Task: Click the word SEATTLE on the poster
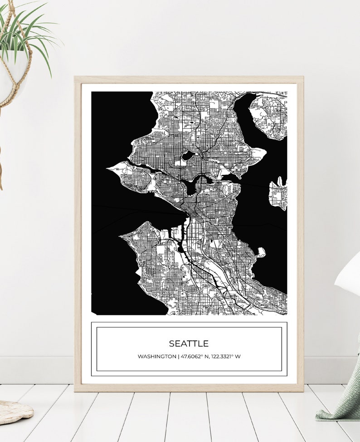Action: (x=189, y=344)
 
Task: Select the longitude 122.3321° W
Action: (x=225, y=357)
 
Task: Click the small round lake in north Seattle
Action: (x=188, y=156)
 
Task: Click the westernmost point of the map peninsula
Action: (x=109, y=168)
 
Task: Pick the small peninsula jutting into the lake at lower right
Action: (x=261, y=252)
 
